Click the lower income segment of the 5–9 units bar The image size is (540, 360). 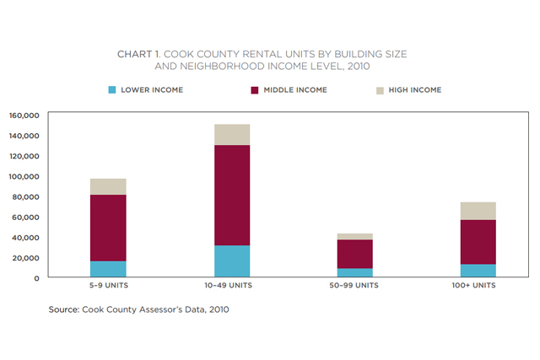(108, 269)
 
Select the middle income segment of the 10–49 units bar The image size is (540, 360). (232, 195)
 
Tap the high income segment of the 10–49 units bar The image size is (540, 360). (232, 135)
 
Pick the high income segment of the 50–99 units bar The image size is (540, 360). (354, 237)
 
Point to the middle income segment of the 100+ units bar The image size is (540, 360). (478, 242)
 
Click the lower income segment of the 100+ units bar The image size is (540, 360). (478, 271)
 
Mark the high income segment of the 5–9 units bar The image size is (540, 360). (108, 186)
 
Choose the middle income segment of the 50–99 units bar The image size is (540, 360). (354, 254)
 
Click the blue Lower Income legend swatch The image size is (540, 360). (112, 89)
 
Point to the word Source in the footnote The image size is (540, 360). (63, 309)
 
